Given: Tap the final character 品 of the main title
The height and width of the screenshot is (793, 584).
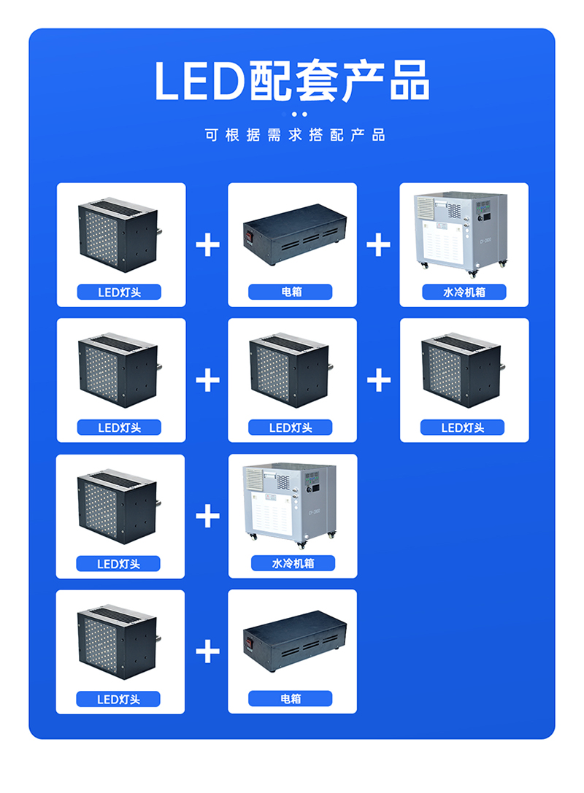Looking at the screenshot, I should tap(409, 80).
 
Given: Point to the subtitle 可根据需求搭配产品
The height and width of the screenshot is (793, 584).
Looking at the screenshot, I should tap(294, 135).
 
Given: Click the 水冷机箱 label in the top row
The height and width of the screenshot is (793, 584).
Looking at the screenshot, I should tap(464, 292).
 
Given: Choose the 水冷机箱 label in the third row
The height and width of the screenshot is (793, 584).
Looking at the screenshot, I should tap(292, 563).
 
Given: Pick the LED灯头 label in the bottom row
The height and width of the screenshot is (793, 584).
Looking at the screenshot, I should tap(118, 699).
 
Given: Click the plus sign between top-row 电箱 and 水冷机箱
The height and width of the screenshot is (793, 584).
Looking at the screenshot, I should tap(378, 244).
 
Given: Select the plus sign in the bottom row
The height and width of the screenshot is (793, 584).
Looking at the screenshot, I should tap(208, 651).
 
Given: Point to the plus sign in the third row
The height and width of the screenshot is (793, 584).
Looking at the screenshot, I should tap(208, 517).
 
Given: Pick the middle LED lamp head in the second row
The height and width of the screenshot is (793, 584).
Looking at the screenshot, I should tap(291, 371).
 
